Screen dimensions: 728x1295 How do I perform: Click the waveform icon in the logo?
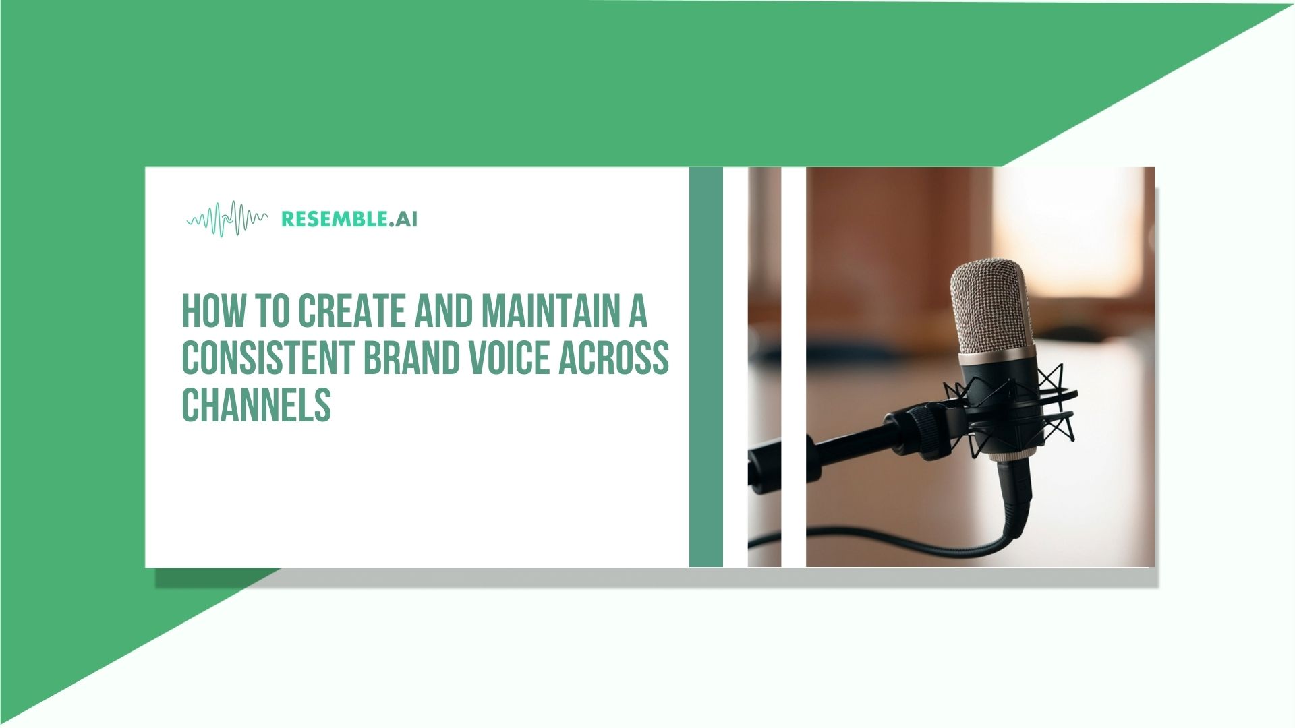click(x=227, y=219)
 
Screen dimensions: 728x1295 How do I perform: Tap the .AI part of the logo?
click(x=404, y=219)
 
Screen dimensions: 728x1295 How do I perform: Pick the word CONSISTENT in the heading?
click(x=268, y=358)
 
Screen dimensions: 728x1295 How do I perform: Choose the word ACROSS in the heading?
click(x=614, y=358)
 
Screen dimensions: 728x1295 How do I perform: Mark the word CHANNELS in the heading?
click(x=256, y=404)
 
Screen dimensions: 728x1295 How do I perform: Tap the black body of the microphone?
click(x=998, y=398)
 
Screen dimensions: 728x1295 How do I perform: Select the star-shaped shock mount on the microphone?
click(x=1052, y=404)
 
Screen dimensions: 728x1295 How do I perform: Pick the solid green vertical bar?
click(x=706, y=367)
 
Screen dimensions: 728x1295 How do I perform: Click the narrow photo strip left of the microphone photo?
click(x=764, y=367)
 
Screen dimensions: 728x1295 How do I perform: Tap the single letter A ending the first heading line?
click(x=637, y=311)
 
